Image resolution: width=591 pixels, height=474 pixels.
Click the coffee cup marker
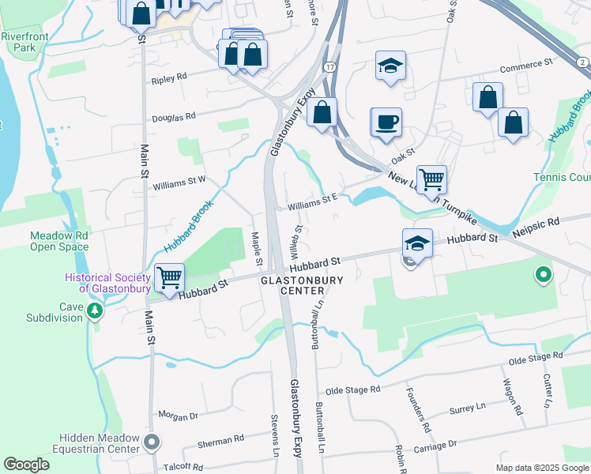[x=386, y=123]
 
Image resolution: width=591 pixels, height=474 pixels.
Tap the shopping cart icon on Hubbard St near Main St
[x=169, y=277]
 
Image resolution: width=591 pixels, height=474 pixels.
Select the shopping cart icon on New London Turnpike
[x=431, y=179]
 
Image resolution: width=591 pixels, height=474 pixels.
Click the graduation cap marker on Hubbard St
[x=417, y=243]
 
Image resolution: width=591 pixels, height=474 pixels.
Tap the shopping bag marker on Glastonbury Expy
[x=322, y=113]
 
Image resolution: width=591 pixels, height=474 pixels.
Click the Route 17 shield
[x=329, y=70]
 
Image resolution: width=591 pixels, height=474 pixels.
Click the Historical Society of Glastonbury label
[x=108, y=283]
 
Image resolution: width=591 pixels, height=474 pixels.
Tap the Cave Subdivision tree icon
[x=96, y=310]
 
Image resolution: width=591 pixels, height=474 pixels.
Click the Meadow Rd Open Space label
[x=59, y=241]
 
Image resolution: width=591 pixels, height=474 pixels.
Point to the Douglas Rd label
[x=173, y=117]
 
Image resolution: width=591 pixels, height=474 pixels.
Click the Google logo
[x=27, y=465]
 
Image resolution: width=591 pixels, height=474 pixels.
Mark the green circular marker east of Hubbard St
[x=543, y=276]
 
